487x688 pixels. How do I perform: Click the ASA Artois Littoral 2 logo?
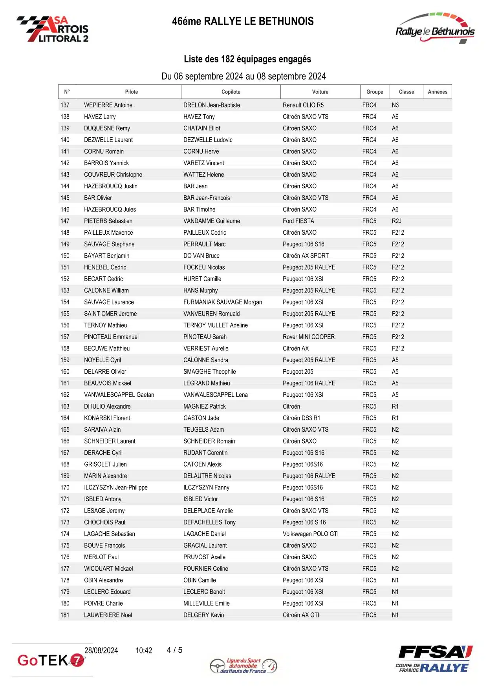point(53,29)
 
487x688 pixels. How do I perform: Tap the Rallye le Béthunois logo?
point(435,29)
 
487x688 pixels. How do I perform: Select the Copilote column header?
point(231,92)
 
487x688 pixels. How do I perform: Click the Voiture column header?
point(320,92)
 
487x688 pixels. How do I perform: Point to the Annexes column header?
point(437,92)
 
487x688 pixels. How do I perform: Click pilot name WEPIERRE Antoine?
point(108,105)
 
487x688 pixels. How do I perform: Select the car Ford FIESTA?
point(298,221)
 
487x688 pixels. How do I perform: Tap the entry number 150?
point(65,256)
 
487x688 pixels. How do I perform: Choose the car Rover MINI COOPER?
point(308,337)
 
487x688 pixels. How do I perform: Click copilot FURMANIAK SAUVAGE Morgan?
point(222,302)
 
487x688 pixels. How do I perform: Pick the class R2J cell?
point(396,221)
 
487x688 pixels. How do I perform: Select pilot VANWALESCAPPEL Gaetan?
point(119,395)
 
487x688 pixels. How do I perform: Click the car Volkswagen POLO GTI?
point(310,534)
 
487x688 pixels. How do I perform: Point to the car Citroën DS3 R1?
point(301,418)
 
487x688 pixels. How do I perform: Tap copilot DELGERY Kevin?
point(203,615)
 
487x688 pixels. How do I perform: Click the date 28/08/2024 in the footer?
point(101,650)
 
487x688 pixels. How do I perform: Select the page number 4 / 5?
point(174,650)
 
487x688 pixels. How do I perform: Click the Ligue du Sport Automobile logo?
point(243,666)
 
